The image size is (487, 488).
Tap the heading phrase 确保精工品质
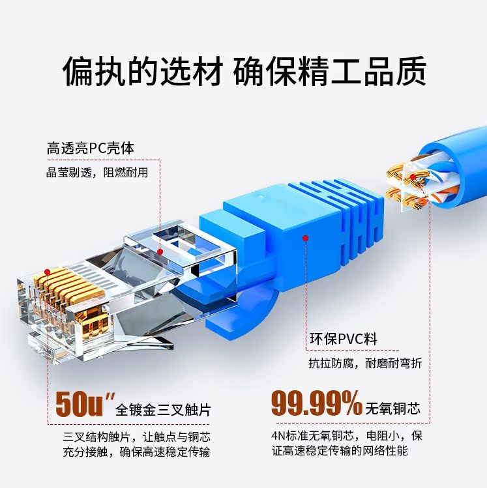click(x=330, y=71)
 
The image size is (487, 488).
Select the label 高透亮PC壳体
click(x=91, y=148)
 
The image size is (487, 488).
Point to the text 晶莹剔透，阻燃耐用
click(x=97, y=173)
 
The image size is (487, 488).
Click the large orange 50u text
click(x=80, y=404)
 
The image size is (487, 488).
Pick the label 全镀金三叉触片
click(x=163, y=410)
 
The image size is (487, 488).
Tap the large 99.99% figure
click(x=316, y=404)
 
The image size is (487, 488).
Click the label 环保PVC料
click(x=343, y=339)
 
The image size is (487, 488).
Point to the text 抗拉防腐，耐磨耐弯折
click(x=365, y=364)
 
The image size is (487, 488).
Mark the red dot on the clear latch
click(x=160, y=251)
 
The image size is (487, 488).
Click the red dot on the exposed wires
click(x=413, y=177)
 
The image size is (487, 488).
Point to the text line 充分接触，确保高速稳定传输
click(x=137, y=451)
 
